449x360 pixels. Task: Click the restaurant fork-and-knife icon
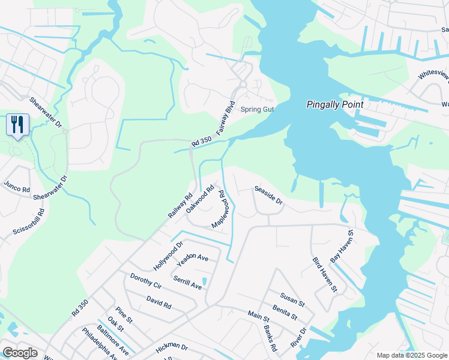pyautogui.click(x=17, y=125)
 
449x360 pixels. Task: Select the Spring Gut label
pyautogui.click(x=257, y=109)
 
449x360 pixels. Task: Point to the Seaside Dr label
pyautogui.click(x=268, y=195)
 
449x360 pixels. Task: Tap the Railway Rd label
pyautogui.click(x=180, y=205)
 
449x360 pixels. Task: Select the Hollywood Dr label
pyautogui.click(x=168, y=256)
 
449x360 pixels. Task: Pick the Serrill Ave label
pyautogui.click(x=187, y=283)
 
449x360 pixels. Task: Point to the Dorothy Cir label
pyautogui.click(x=146, y=281)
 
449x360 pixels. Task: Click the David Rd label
pyautogui.click(x=158, y=302)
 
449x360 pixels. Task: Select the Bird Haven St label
pyautogui.click(x=325, y=275)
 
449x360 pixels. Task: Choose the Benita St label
pyautogui.click(x=285, y=311)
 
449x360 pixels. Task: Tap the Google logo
pyautogui.click(x=20, y=352)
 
